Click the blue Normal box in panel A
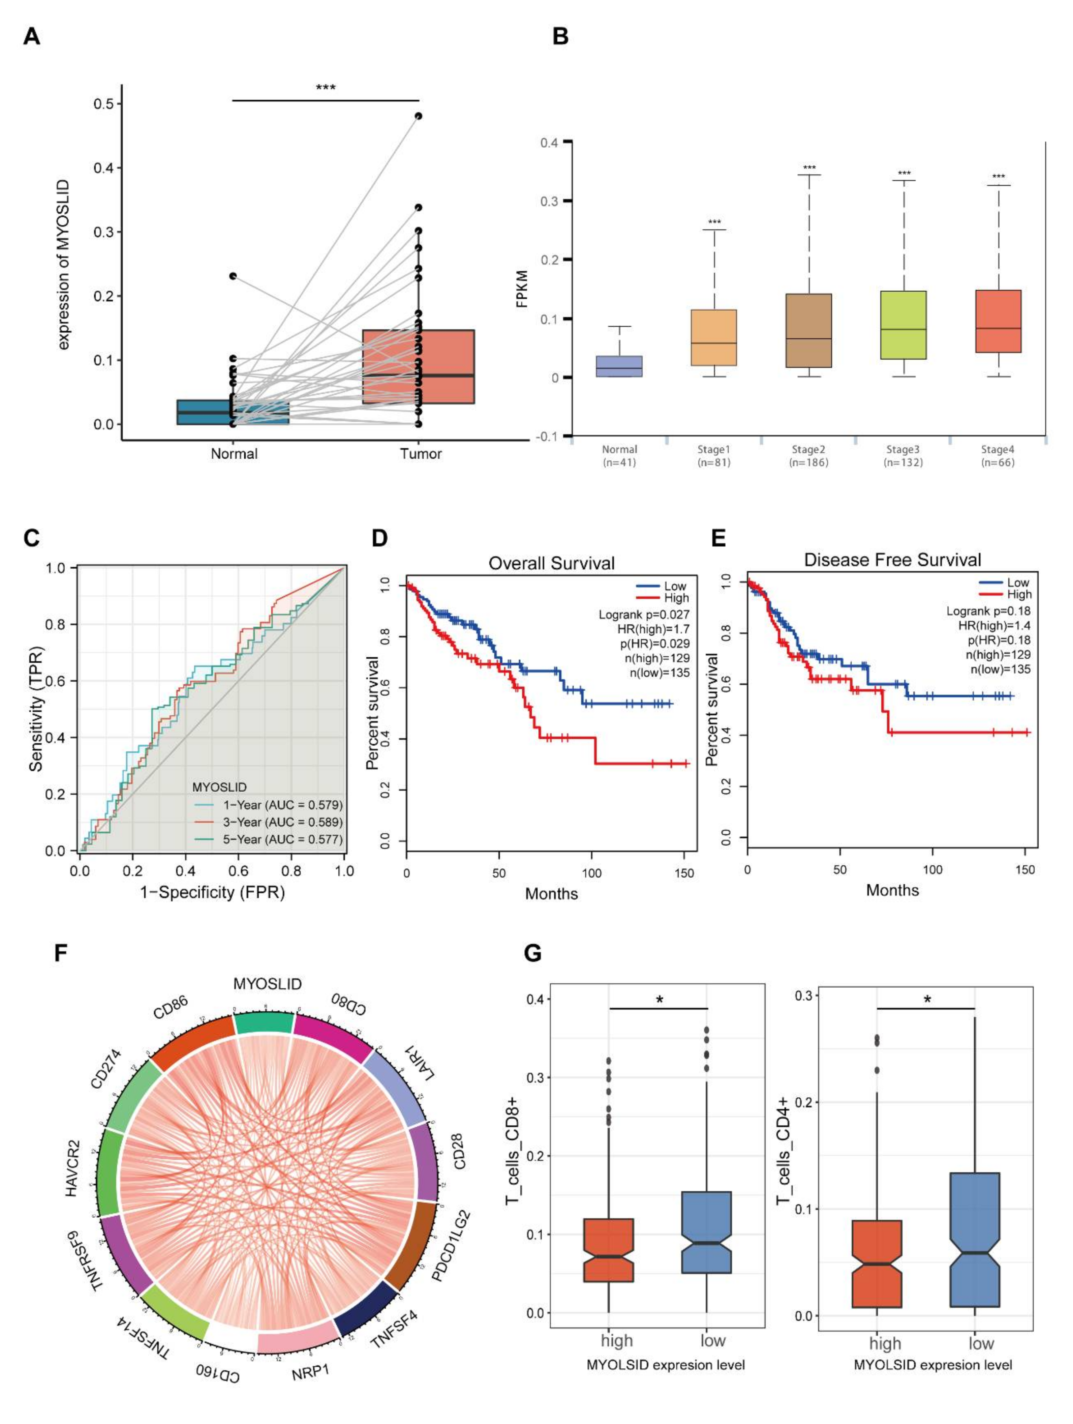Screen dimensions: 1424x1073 [x=233, y=412]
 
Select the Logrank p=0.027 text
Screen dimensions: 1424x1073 [x=644, y=615]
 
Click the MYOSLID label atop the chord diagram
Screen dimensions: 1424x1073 [x=267, y=984]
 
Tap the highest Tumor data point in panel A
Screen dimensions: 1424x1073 [x=418, y=116]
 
